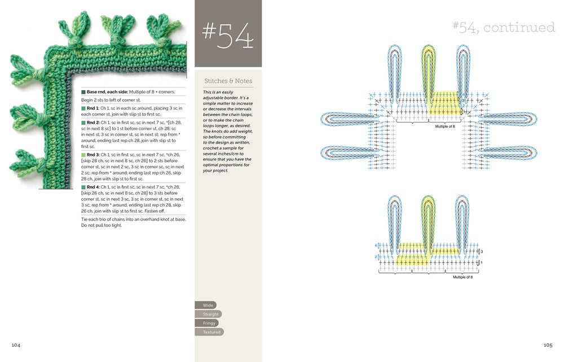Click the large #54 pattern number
(x=228, y=37)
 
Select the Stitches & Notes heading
(x=228, y=81)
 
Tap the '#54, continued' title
(x=503, y=26)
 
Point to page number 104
(x=17, y=344)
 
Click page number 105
(x=547, y=344)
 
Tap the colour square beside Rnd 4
(x=83, y=186)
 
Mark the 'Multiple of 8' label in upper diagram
(x=446, y=127)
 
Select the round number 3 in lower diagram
(x=482, y=251)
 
